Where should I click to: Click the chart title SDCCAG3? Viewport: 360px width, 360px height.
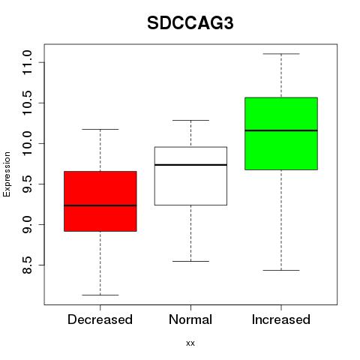coord(190,23)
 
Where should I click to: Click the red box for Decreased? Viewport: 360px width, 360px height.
coord(100,201)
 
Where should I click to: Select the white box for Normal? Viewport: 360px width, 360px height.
coord(190,176)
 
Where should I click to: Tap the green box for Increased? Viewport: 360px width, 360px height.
coord(281,133)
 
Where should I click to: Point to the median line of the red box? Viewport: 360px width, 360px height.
coord(100,205)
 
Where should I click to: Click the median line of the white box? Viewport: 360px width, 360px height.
coord(190,165)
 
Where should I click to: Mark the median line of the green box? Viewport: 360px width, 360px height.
coord(281,130)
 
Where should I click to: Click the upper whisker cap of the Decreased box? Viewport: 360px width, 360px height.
coord(100,129)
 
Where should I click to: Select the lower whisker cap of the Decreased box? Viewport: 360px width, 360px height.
coord(100,295)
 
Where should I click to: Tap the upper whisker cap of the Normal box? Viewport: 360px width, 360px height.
coord(190,120)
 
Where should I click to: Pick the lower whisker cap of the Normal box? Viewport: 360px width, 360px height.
coord(190,261)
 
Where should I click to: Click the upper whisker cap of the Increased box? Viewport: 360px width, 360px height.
coord(281,54)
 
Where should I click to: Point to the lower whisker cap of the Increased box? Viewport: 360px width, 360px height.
coord(281,270)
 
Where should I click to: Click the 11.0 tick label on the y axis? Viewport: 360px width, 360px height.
coord(27,62)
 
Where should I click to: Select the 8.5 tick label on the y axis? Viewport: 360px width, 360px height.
coord(27,265)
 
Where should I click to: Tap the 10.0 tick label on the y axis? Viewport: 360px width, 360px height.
coord(27,143)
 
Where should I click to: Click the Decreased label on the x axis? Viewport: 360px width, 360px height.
coord(100,319)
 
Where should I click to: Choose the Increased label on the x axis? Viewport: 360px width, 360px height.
coord(281,319)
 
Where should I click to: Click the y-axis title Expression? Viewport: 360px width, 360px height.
coord(7,174)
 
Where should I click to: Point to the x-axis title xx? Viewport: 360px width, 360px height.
coord(190,343)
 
